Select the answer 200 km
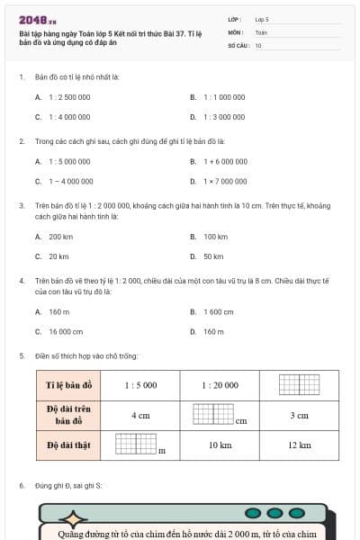(x=60, y=237)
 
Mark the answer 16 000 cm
(x=66, y=331)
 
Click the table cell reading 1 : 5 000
(x=140, y=385)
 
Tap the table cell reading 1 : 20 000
(x=220, y=385)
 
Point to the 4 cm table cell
(x=140, y=416)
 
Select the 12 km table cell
(x=300, y=445)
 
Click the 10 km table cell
(x=220, y=445)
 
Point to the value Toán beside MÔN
(x=261, y=31)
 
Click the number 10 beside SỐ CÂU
(x=258, y=44)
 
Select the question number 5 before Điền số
(x=21, y=355)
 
